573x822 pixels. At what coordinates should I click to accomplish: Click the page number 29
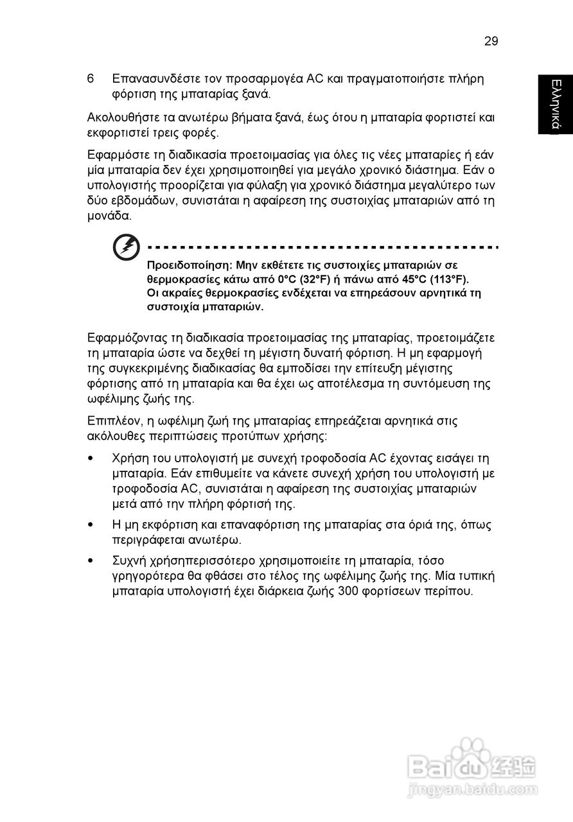click(x=491, y=41)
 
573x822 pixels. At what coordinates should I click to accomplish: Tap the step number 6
click(x=91, y=79)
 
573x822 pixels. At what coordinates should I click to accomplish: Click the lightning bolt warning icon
click(x=126, y=247)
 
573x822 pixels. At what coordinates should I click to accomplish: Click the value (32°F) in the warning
click(x=315, y=279)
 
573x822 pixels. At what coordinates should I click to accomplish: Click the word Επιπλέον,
click(x=112, y=421)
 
